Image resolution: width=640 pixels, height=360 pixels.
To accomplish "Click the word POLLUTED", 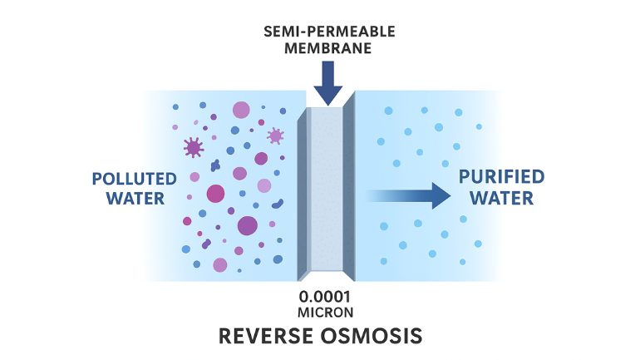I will pyautogui.click(x=134, y=179).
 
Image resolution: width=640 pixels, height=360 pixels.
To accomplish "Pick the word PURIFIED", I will pyautogui.click(x=501, y=176).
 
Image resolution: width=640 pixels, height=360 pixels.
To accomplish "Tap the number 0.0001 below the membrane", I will pyautogui.click(x=327, y=298).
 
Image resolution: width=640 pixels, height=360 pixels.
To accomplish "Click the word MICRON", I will pyautogui.click(x=327, y=313).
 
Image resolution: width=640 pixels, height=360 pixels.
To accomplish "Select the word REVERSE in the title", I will pyautogui.click(x=266, y=336).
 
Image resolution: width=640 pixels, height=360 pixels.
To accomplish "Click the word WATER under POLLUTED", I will pyautogui.click(x=128, y=199).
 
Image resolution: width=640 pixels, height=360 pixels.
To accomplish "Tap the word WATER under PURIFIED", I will pyautogui.click(x=501, y=198).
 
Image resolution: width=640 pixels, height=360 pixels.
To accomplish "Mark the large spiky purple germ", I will pyautogui.click(x=194, y=148).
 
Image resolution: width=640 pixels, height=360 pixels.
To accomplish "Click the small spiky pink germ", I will pyautogui.click(x=275, y=135).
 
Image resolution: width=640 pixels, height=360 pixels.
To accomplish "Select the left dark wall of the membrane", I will pyautogui.click(x=303, y=191).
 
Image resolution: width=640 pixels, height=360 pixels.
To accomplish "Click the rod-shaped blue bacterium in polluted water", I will pyautogui.click(x=277, y=203).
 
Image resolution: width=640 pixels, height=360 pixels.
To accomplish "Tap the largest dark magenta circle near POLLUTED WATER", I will pyautogui.click(x=215, y=193).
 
